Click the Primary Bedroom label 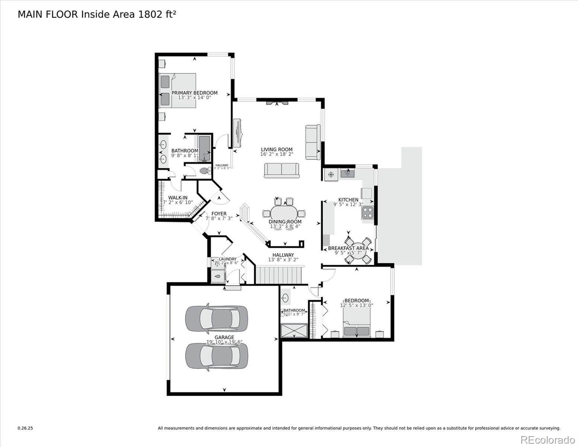pos(194,93)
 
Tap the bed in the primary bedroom pos(178,91)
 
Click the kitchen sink pos(348,173)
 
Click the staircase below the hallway pos(279,275)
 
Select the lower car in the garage pos(216,356)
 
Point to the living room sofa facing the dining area pos(281,170)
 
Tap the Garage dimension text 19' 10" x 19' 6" pos(224,342)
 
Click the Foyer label pos(219,214)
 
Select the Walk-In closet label pos(178,198)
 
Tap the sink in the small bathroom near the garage pos(285,298)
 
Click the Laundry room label pos(227,259)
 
